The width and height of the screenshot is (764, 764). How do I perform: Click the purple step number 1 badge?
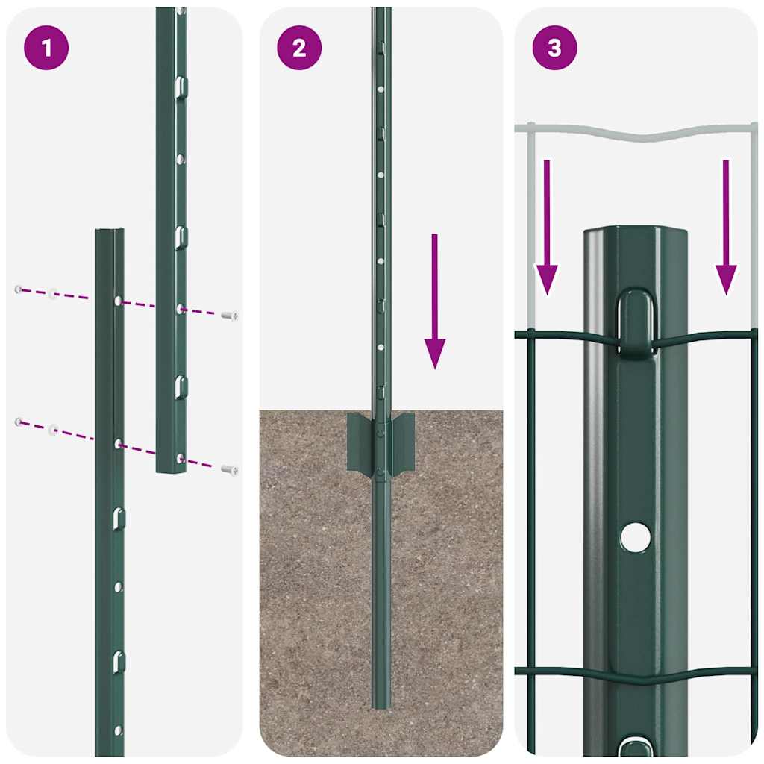coord(46,48)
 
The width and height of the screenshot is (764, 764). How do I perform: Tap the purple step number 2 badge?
coord(299,48)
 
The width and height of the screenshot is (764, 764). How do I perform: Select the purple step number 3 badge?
coord(554,48)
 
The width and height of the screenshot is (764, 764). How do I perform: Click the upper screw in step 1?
coord(231,316)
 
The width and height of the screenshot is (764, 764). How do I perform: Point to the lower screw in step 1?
coord(231,470)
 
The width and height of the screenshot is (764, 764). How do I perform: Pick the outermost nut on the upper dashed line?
coord(17,289)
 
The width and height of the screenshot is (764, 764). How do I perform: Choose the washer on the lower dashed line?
coord(53,430)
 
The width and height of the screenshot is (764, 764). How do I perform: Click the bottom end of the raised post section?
coord(171,469)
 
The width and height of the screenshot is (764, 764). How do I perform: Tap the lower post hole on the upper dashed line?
coord(118,300)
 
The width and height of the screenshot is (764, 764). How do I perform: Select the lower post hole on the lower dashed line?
coord(118,444)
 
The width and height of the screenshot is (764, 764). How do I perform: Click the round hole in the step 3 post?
coord(635,537)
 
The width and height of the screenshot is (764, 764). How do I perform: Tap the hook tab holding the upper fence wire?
coord(636,321)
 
